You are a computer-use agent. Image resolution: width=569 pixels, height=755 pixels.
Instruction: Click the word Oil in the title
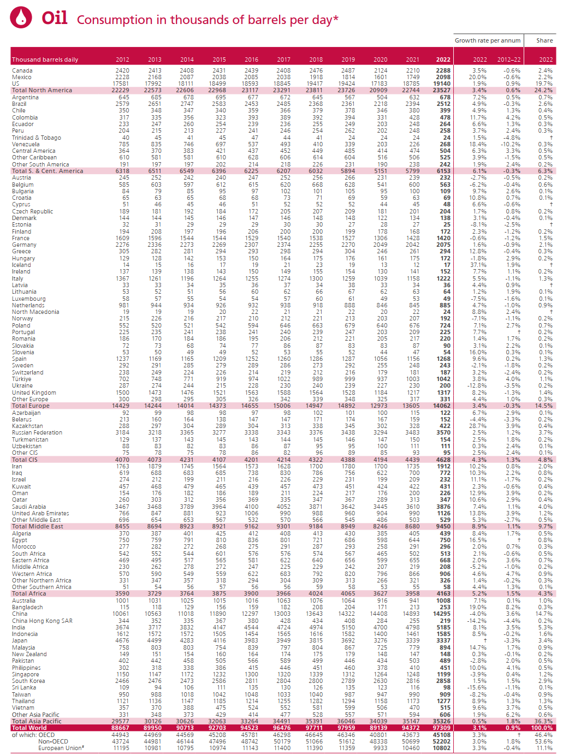[55, 18]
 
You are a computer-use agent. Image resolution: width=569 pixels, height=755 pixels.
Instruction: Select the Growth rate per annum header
[487, 40]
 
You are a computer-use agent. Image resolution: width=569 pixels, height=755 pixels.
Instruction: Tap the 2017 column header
[283, 60]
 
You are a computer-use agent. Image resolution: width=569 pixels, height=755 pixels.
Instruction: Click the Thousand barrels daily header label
[45, 60]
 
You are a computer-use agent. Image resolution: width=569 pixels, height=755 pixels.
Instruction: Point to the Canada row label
[22, 70]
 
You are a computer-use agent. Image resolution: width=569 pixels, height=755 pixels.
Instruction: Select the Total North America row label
[42, 91]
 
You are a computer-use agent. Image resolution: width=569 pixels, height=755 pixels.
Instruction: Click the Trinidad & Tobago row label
[37, 138]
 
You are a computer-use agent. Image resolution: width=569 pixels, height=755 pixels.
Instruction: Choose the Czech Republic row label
[33, 211]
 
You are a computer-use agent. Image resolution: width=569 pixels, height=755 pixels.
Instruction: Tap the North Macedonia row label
[35, 312]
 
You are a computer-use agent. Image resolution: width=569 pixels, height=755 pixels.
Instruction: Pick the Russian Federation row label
[37, 432]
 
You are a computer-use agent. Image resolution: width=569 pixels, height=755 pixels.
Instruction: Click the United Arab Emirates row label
[40, 513]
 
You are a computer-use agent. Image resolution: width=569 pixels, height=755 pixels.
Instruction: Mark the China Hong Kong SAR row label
[42, 621]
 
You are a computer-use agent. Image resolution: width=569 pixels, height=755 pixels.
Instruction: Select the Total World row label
[29, 728]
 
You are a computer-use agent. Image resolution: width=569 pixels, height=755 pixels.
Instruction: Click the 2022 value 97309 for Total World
[442, 728]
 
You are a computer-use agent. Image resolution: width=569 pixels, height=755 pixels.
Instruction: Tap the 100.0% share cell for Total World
[542, 728]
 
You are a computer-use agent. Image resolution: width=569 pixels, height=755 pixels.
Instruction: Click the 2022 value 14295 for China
[442, 614]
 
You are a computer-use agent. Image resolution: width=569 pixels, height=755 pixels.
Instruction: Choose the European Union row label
[61, 748]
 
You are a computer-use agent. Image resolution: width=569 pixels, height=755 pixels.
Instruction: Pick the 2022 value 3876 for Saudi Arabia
[443, 507]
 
